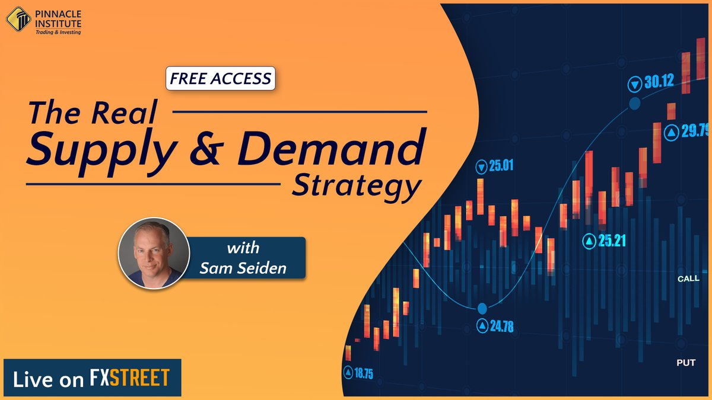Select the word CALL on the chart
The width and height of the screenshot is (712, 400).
[x=688, y=278]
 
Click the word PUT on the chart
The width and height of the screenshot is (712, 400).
[x=686, y=362]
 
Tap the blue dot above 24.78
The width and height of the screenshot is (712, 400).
[x=482, y=308]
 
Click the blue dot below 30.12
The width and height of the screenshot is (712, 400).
[x=634, y=104]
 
